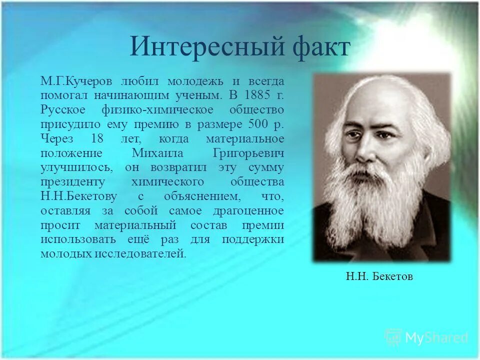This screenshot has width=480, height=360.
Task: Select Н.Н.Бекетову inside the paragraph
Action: (75, 196)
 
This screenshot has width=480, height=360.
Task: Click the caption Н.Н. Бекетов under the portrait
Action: (379, 276)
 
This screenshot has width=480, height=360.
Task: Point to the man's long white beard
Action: (367, 210)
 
